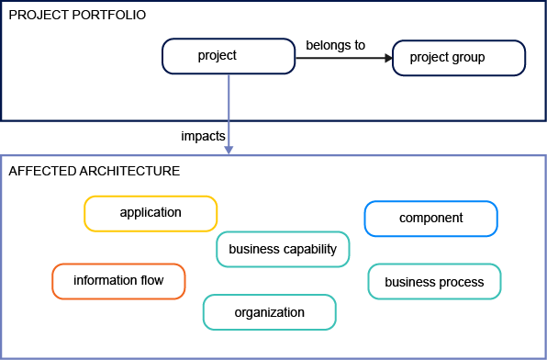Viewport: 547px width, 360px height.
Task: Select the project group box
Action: (459, 58)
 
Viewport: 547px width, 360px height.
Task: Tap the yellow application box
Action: (151, 213)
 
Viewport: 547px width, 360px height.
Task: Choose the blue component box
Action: (430, 219)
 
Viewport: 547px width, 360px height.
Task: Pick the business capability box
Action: (283, 249)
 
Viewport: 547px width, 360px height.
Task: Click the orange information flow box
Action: (118, 281)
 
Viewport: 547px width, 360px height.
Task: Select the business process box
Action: (434, 282)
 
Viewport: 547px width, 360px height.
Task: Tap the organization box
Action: (269, 312)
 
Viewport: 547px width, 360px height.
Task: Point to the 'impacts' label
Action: (204, 136)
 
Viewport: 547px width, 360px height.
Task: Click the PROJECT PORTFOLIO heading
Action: (76, 17)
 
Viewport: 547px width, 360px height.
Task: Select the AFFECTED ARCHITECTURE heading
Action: (94, 171)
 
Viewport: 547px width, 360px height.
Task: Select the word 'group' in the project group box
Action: (469, 58)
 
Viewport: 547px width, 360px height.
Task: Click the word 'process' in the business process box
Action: (463, 282)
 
